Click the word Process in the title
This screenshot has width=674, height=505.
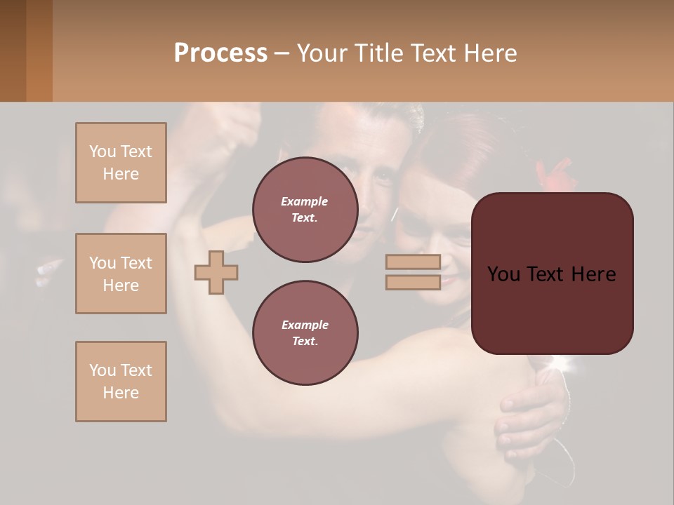(x=220, y=53)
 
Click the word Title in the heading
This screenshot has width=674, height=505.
(x=381, y=53)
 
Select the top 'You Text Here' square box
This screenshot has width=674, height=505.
(x=121, y=163)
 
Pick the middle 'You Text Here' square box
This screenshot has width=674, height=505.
(x=121, y=274)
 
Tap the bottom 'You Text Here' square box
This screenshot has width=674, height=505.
(x=121, y=382)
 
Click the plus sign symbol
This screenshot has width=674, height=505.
(x=216, y=272)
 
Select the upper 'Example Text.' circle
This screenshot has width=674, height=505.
(x=305, y=210)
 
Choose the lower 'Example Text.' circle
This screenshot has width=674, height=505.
(x=305, y=333)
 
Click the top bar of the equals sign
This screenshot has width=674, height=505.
(x=413, y=262)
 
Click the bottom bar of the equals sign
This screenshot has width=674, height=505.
(x=413, y=282)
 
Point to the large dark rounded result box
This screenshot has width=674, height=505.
(x=552, y=274)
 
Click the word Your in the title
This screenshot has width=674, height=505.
(x=323, y=53)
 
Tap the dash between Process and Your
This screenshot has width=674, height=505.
(x=282, y=53)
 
